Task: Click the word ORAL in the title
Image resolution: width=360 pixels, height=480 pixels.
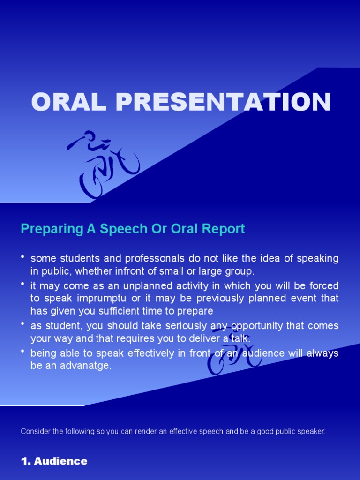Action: [68, 102]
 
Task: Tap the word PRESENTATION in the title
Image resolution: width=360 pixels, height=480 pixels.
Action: [223, 102]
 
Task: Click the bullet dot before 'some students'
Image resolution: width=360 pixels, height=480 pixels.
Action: [22, 257]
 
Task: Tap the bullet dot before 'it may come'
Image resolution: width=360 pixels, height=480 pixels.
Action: [22, 284]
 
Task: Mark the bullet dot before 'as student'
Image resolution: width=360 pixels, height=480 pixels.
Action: [22, 324]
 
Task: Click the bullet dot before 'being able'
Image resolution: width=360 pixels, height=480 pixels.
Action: [22, 352]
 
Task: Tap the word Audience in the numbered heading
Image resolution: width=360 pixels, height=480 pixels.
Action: [60, 461]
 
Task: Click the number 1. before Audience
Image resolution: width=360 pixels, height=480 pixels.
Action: [26, 461]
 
